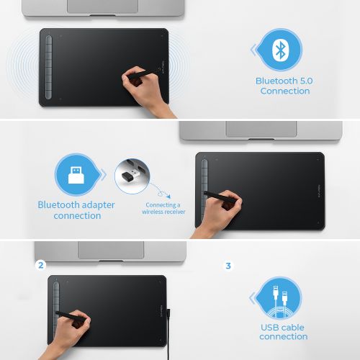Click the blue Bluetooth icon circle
279,50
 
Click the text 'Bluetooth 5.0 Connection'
283,86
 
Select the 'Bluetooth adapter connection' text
76,210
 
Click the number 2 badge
41,266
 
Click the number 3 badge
228,266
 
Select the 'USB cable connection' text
283,332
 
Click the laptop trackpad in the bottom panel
110,250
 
